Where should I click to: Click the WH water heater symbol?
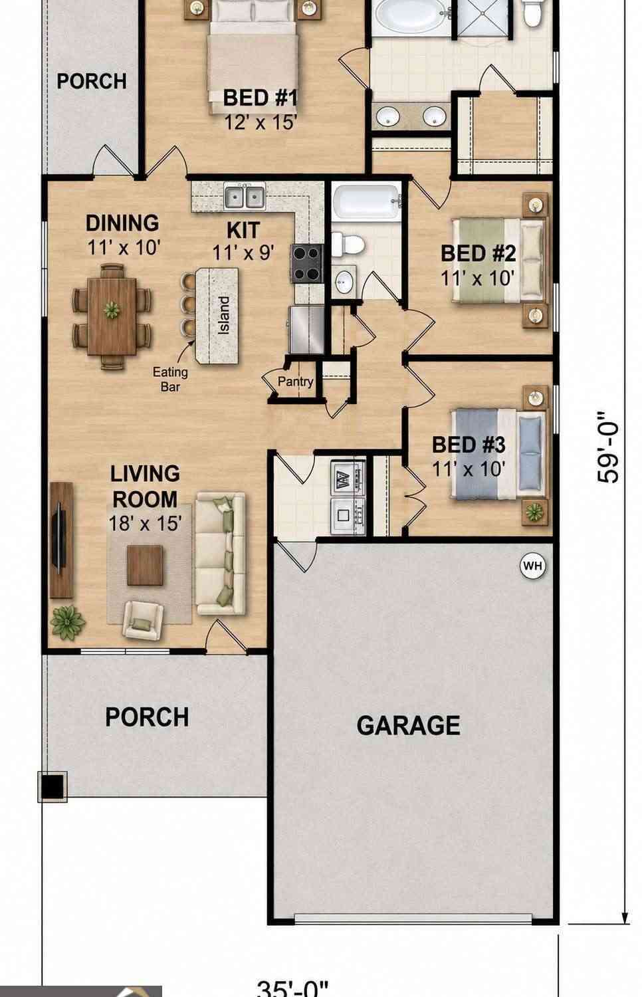(x=532, y=566)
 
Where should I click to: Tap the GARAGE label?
(x=408, y=726)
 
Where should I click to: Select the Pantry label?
(x=296, y=382)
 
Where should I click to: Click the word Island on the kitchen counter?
(x=224, y=316)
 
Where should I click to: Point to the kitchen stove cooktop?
(x=307, y=263)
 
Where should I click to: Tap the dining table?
(x=112, y=316)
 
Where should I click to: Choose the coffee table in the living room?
(x=145, y=565)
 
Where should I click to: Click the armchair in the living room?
(x=143, y=620)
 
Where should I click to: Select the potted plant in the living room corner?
(x=67, y=623)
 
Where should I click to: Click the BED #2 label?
(x=479, y=253)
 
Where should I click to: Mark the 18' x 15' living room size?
(x=145, y=523)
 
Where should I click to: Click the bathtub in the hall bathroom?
(x=366, y=201)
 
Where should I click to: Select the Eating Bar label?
(x=170, y=380)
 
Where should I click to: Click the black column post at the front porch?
(x=53, y=786)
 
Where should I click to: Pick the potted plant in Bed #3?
(x=535, y=512)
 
